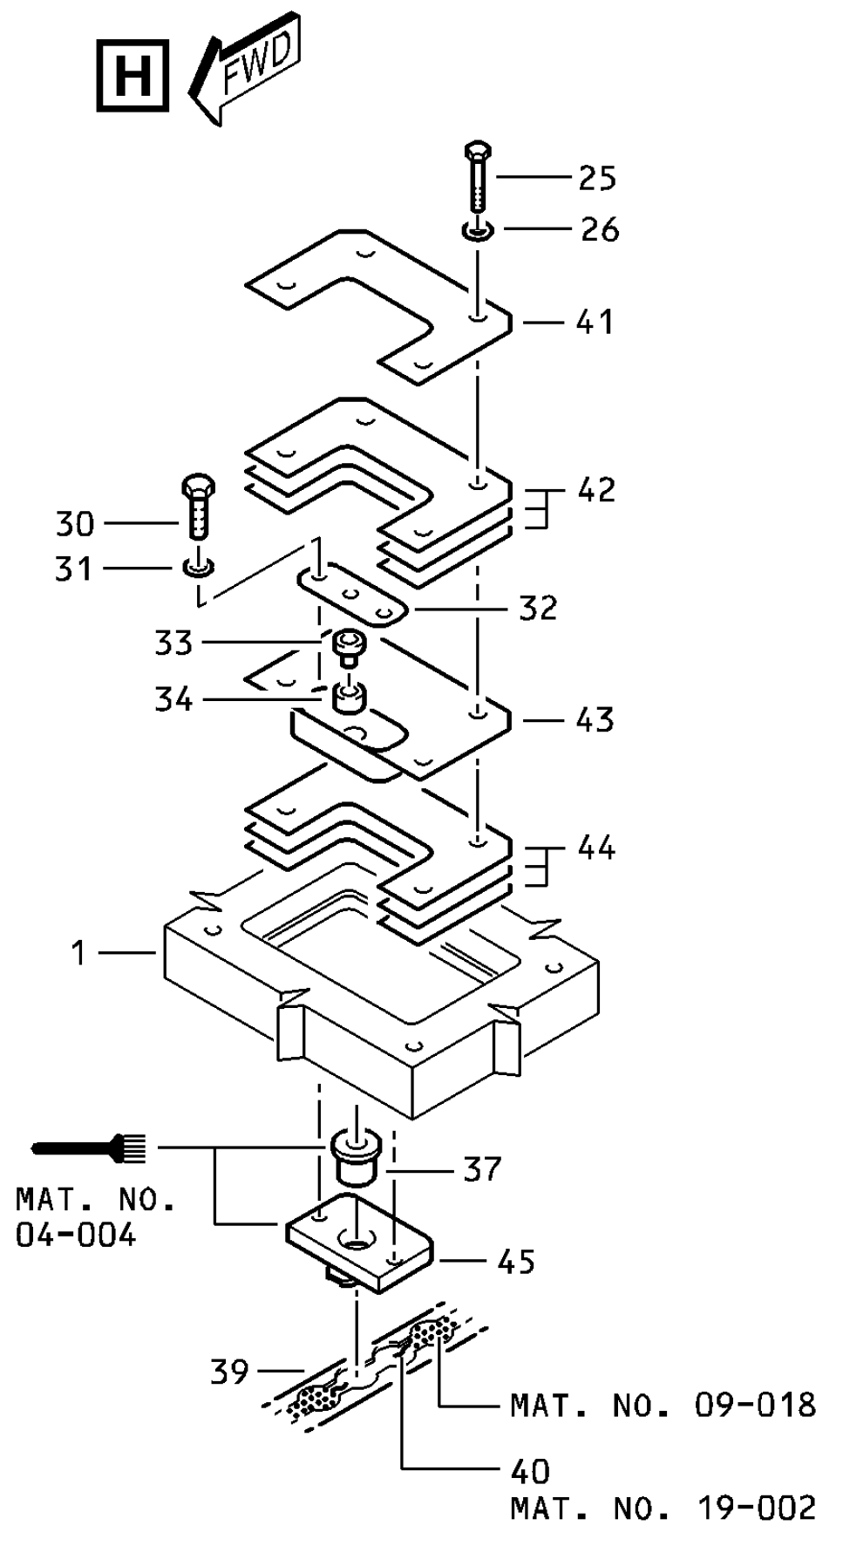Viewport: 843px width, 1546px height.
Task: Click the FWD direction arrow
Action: [x=246, y=69]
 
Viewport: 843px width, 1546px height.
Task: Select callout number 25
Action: [x=597, y=178]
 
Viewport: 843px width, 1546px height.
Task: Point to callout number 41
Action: [x=595, y=323]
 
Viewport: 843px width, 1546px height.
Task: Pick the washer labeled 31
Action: [x=200, y=569]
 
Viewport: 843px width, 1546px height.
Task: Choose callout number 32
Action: [x=538, y=609]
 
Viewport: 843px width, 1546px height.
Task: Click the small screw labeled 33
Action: [x=349, y=650]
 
